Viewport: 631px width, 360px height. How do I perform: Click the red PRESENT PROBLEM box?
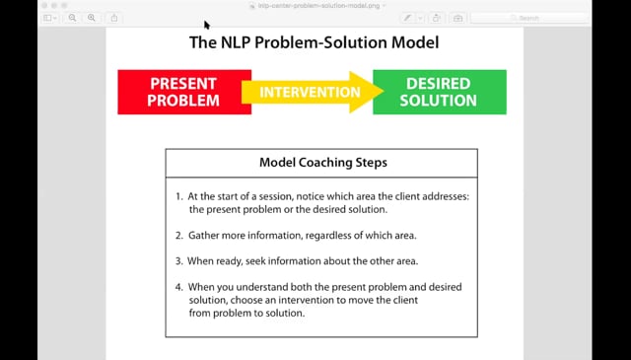[x=184, y=92]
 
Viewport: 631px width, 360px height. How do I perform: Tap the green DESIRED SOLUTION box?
[x=440, y=92]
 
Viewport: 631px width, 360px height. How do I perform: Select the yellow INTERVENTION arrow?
[x=313, y=92]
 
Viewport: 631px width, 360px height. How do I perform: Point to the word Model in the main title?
[x=415, y=42]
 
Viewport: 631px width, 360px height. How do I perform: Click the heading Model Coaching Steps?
[x=323, y=163]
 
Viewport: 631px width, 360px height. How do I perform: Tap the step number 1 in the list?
[x=178, y=196]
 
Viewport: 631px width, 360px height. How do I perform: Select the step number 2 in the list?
[x=179, y=235]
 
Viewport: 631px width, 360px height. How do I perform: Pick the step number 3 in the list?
[x=179, y=261]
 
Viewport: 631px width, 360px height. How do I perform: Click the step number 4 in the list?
[x=179, y=287]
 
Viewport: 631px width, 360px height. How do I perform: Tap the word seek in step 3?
[x=255, y=261]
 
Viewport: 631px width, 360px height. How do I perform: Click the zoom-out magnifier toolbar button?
[x=72, y=18]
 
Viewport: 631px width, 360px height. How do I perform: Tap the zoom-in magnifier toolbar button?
[x=92, y=18]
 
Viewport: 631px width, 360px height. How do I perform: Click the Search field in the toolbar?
[x=528, y=18]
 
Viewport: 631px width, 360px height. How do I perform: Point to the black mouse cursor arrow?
[x=207, y=25]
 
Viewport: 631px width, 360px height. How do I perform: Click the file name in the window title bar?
[x=318, y=6]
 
